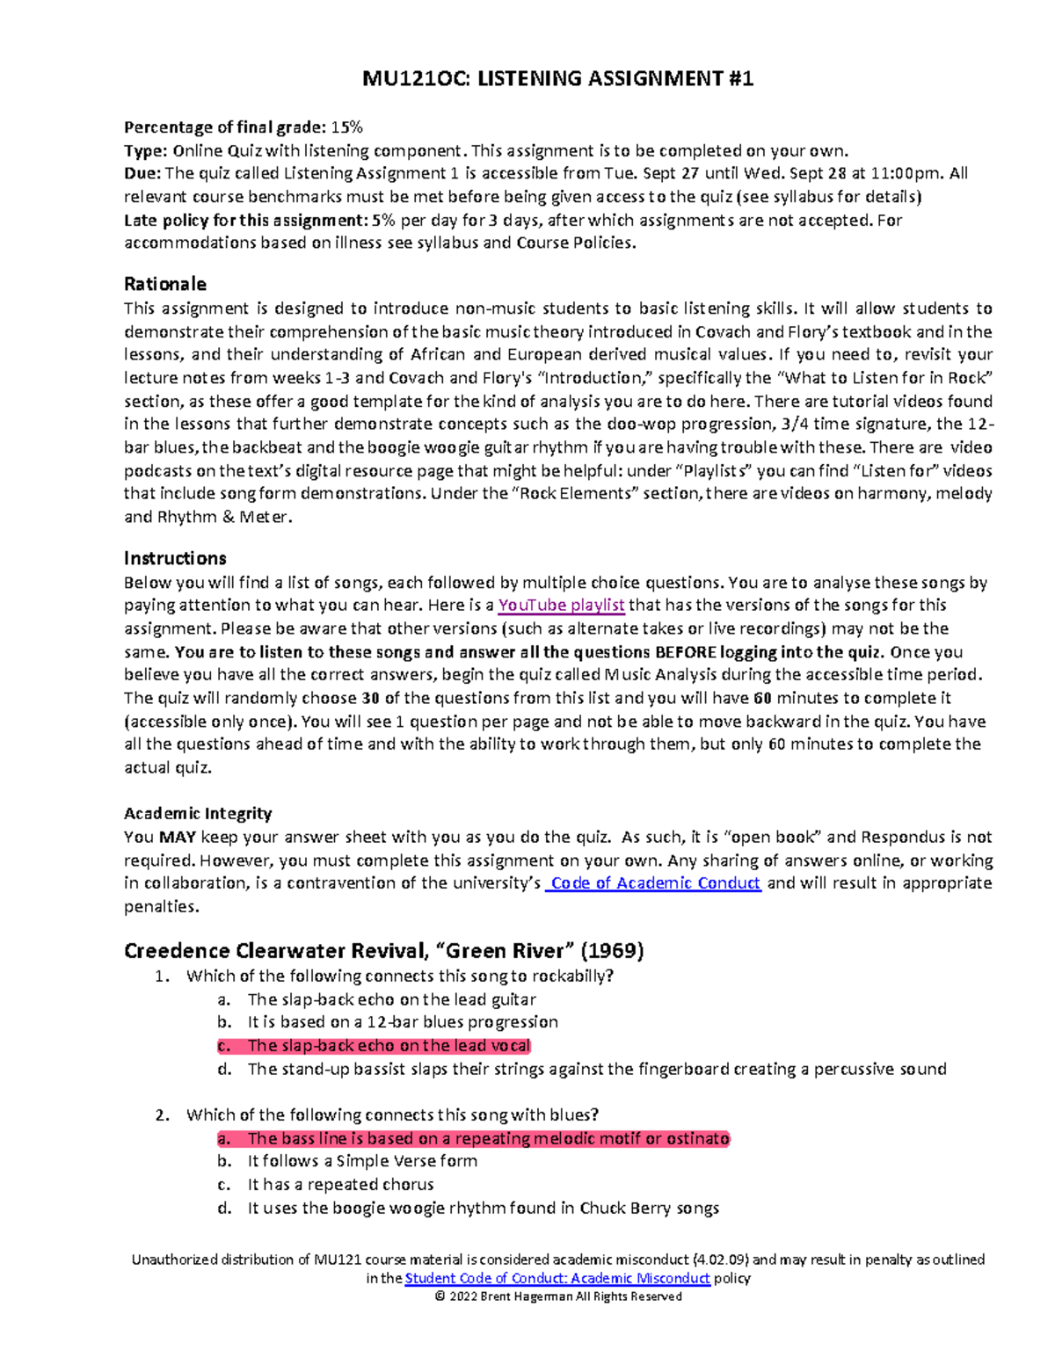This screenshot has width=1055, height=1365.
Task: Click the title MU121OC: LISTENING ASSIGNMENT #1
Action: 557,79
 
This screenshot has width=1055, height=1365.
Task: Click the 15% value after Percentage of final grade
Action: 346,127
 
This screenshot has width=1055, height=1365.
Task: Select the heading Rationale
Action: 164,284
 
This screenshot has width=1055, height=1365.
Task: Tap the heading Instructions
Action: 175,558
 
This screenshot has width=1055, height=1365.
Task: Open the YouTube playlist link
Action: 561,605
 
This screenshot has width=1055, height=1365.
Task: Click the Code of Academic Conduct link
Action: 653,882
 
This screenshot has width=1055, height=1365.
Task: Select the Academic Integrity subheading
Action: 198,813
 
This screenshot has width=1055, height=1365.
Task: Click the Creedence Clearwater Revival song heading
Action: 383,950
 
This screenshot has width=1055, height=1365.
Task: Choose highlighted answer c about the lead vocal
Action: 389,1045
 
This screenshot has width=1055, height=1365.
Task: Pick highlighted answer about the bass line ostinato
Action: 488,1138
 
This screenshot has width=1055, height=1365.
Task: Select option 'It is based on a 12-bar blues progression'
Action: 403,1021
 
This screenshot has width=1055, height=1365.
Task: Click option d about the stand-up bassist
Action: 596,1069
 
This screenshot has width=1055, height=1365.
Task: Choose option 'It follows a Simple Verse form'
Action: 362,1160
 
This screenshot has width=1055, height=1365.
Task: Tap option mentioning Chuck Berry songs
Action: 483,1208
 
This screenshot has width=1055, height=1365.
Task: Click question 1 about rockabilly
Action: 399,976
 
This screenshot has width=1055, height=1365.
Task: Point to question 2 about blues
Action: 391,1115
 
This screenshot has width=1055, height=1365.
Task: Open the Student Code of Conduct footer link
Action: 557,1278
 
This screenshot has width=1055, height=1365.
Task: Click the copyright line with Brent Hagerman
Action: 557,1296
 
